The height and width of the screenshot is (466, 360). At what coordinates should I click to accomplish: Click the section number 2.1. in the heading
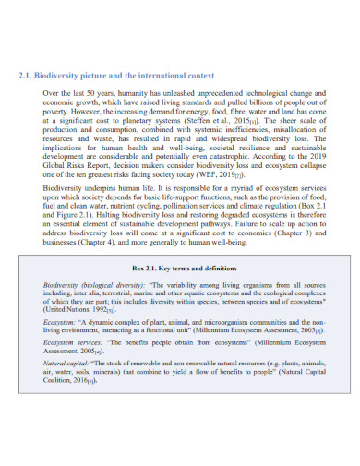pos(27,76)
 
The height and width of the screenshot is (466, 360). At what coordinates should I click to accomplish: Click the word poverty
pos(59,111)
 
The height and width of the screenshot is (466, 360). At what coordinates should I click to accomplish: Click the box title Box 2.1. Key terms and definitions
pos(184,268)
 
